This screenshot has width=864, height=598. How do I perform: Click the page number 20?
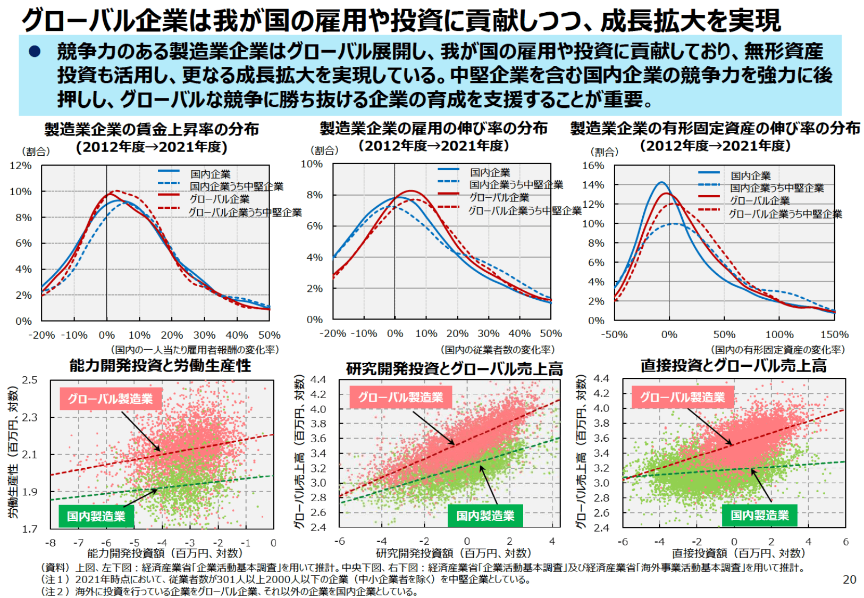(x=849, y=579)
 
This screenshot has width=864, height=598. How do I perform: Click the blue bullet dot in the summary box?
(x=35, y=52)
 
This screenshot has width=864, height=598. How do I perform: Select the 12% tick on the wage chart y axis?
(x=21, y=166)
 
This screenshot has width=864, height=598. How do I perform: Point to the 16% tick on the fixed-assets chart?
(x=593, y=166)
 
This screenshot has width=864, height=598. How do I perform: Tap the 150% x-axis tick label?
(x=834, y=335)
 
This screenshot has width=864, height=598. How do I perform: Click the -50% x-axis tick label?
(x=614, y=335)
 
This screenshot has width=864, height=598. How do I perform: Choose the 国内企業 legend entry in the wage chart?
(x=211, y=174)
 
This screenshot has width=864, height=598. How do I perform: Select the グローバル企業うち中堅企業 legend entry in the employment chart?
(x=525, y=210)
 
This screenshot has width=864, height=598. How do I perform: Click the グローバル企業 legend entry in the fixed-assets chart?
(x=759, y=200)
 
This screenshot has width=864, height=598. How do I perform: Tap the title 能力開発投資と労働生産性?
(x=160, y=366)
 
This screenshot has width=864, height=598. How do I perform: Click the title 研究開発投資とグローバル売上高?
(x=454, y=368)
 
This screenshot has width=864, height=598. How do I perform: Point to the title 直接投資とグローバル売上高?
(x=733, y=366)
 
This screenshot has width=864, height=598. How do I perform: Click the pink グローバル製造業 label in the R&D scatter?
(x=400, y=398)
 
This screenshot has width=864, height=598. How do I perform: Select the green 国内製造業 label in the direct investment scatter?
(x=759, y=515)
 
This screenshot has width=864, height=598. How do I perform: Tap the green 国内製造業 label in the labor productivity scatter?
(x=96, y=516)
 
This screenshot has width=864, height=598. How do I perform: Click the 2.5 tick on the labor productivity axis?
(x=30, y=380)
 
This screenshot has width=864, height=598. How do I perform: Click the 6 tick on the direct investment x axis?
(x=845, y=542)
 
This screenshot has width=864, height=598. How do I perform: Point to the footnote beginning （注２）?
(x=229, y=591)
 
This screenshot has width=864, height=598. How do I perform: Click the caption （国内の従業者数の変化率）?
(x=498, y=350)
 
